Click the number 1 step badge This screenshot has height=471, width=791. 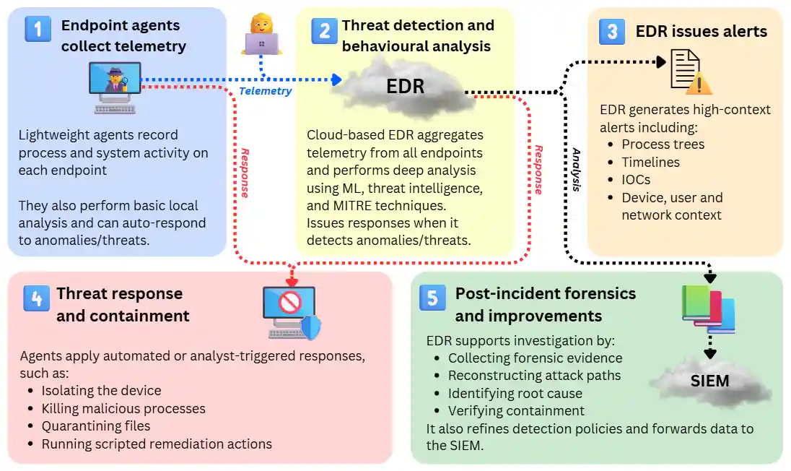[x=38, y=30]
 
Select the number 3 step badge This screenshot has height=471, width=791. [x=612, y=31]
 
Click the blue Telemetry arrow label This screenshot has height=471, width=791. [x=265, y=91]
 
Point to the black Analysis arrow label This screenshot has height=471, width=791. [x=576, y=170]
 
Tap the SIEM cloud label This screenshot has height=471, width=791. [x=709, y=381]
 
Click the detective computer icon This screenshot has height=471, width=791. [x=114, y=87]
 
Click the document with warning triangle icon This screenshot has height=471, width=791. [x=690, y=72]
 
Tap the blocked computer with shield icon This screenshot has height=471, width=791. [x=291, y=313]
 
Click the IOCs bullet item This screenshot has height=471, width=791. [x=636, y=180]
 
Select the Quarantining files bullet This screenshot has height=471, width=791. [x=96, y=426]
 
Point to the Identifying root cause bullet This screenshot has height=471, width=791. [x=515, y=394]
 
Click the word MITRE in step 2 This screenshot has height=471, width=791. [x=349, y=205]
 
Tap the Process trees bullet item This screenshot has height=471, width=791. [x=663, y=144]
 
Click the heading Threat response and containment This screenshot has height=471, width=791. [x=123, y=305]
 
